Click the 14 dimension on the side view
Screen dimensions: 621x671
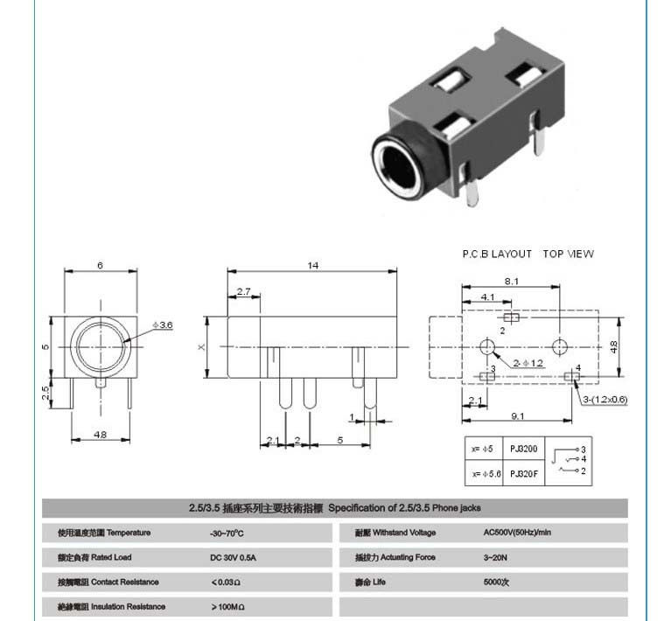pos(312,265)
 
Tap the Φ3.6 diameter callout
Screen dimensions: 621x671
pos(164,324)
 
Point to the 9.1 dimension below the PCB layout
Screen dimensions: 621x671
pos(517,415)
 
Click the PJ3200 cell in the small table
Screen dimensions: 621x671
pos(524,449)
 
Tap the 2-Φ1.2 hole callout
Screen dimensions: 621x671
pos(528,362)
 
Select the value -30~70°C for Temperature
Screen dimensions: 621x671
pos(227,533)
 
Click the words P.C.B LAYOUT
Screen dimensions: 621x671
pos(497,254)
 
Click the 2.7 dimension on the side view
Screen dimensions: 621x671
pos(243,291)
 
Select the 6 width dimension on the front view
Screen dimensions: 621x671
pos(101,265)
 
